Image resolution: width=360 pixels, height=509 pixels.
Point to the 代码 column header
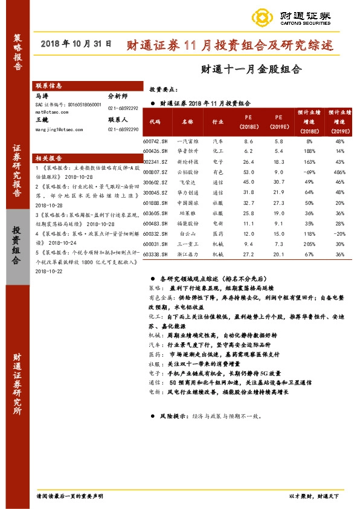pyautogui.click(x=155, y=121)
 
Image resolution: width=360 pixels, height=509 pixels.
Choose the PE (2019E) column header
pyautogui.click(x=278, y=122)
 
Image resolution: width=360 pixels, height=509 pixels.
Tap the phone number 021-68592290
pyautogui.click(x=123, y=130)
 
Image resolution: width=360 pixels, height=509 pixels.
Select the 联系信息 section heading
pyautogui.click(x=49, y=86)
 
